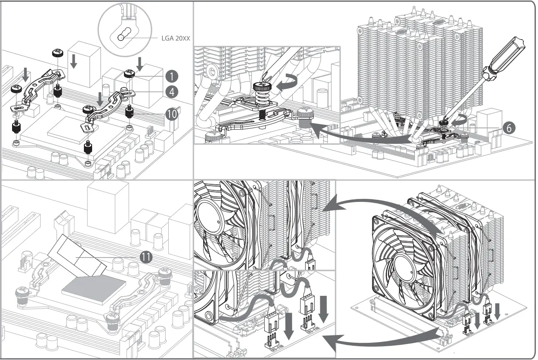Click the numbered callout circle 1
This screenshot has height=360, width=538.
pos(171,77)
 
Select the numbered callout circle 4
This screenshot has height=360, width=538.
pos(171,91)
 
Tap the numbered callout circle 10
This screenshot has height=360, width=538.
pos(171,114)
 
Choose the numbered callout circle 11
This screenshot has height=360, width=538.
pos(146,257)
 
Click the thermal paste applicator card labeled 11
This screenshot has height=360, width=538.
pos(77,256)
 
